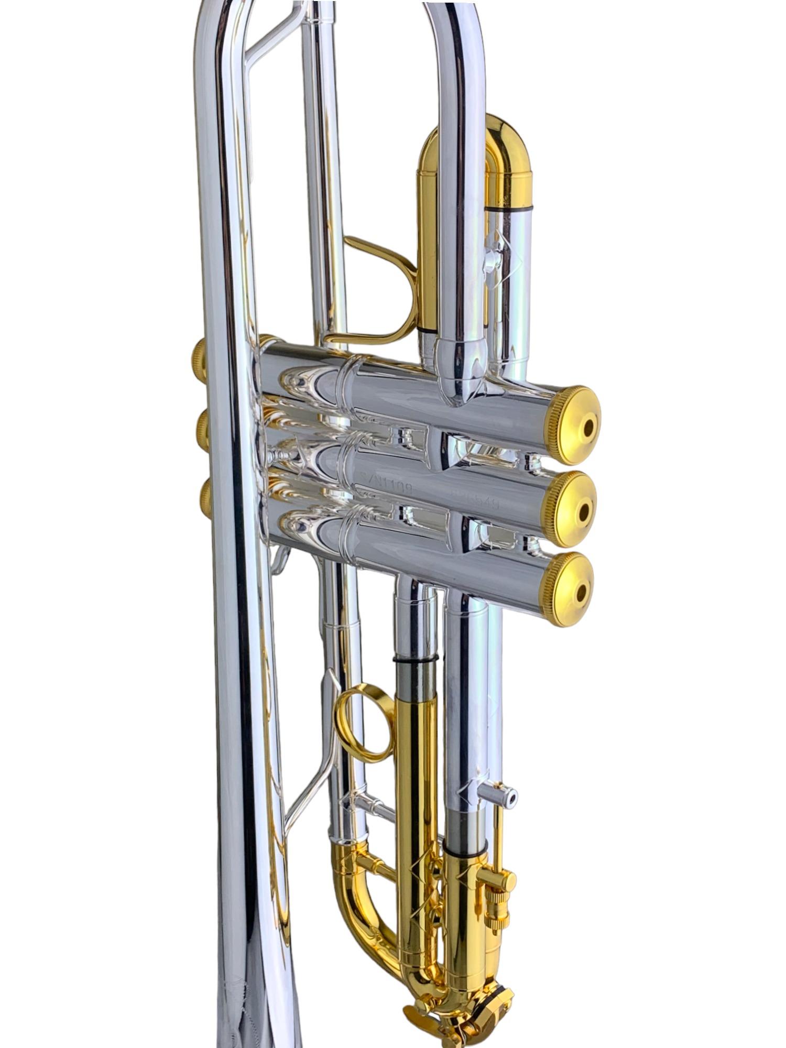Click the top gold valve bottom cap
[574, 425]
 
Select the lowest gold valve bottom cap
[569, 589]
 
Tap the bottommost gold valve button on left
[204, 498]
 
